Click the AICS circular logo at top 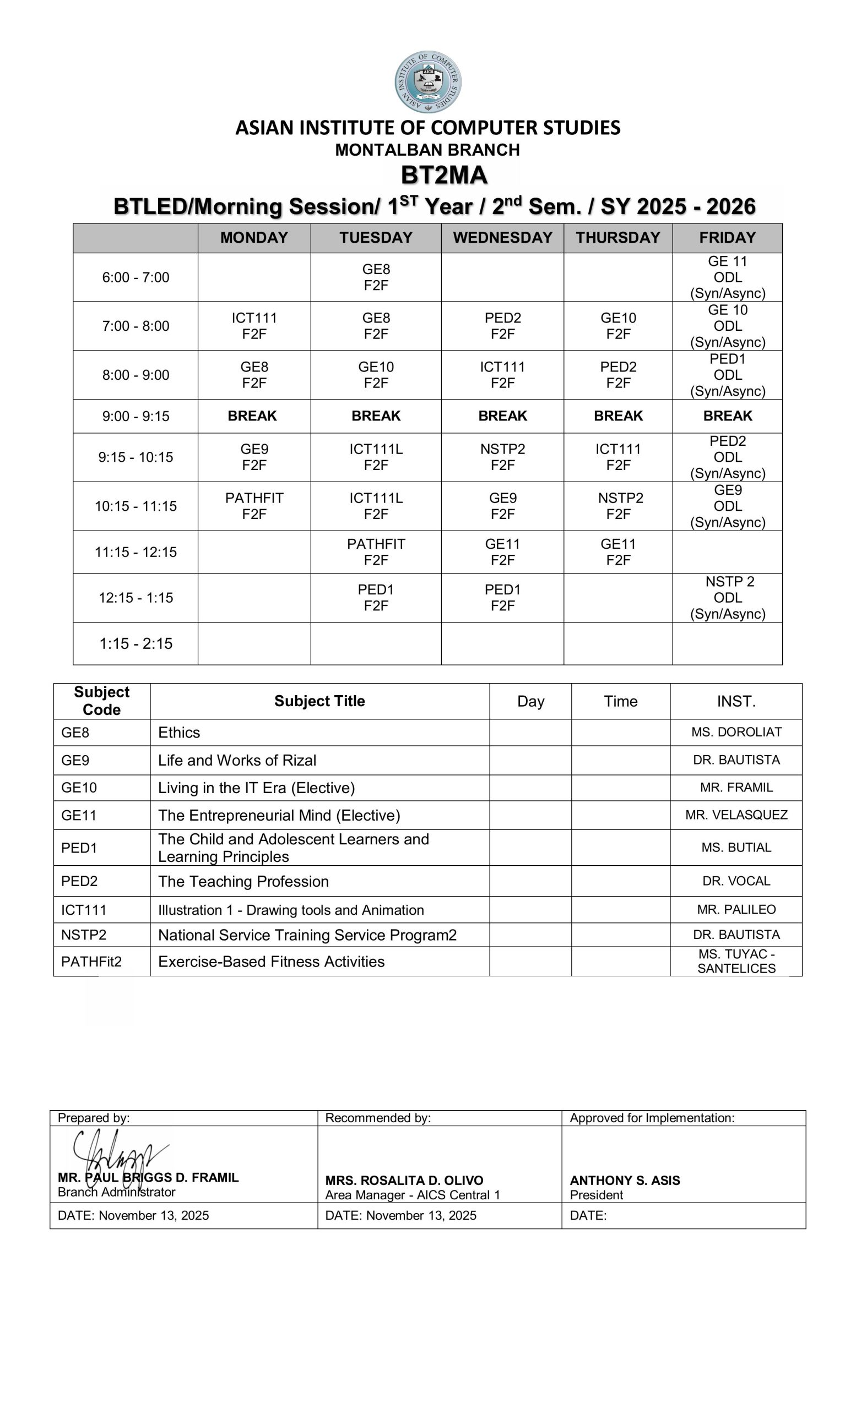[427, 82]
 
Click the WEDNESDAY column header [502, 237]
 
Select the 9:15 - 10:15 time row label [136, 457]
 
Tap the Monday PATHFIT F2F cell [254, 506]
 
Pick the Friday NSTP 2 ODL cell [727, 598]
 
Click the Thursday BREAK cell [618, 416]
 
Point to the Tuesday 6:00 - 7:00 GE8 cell [376, 277]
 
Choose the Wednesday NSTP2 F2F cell [502, 457]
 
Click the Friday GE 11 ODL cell [727, 277]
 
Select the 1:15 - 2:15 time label [136, 643]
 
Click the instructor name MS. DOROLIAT [736, 732]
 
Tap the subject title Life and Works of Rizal [237, 760]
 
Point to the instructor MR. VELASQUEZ [736, 815]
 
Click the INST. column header [736, 701]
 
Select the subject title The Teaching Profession [243, 881]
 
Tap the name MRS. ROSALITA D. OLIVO [404, 1180]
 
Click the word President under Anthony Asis [596, 1194]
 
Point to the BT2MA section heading [444, 175]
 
